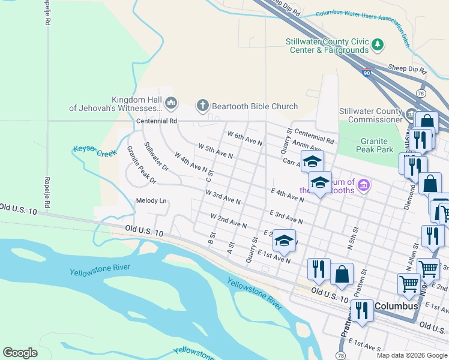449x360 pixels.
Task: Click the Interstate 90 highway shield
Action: tap(367, 73)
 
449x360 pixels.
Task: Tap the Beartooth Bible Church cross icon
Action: tap(202, 106)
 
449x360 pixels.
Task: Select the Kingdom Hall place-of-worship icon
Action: tap(171, 104)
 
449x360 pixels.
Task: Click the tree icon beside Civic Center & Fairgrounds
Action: tap(378, 44)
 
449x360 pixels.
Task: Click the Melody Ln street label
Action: tap(151, 200)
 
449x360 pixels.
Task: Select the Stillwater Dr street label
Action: tap(157, 156)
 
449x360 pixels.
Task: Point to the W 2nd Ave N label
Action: tap(229, 220)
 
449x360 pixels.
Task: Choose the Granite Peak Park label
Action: tap(376, 145)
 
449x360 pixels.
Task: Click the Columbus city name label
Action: tap(396, 306)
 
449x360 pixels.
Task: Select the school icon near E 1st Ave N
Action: tap(284, 241)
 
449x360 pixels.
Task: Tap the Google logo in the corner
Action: tap(20, 352)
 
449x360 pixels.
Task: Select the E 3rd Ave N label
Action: tap(286, 217)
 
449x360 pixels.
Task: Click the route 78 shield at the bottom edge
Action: tap(341, 356)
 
